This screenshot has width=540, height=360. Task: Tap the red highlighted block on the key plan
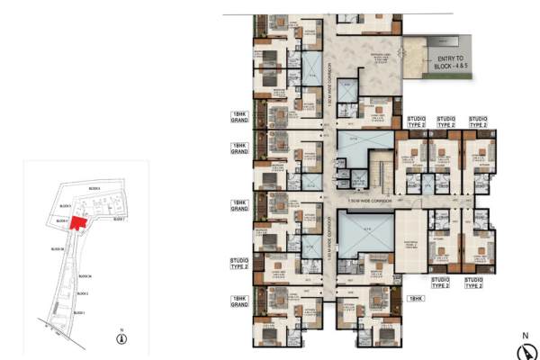point(77,222)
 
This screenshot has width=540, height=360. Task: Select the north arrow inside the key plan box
point(121,337)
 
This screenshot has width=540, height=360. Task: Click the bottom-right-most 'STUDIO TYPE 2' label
point(472,282)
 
